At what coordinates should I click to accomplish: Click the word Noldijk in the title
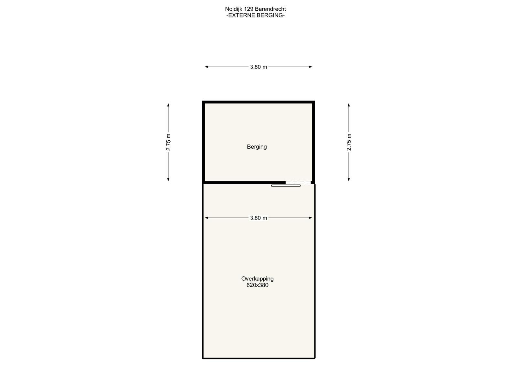coord(234,9)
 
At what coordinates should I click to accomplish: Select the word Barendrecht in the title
coord(270,9)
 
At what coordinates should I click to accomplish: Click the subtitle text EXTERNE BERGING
coord(256,15)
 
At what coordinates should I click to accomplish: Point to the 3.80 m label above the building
coord(258,67)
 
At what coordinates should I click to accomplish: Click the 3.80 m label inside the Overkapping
coord(258,218)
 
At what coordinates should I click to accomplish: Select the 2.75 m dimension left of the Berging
coord(168,142)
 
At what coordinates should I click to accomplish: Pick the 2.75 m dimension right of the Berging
coord(349,142)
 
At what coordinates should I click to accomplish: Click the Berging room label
coord(257,147)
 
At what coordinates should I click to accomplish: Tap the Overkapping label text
coord(257,279)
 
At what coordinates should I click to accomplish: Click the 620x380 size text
coord(257,285)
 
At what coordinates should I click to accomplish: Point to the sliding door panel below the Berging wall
coord(286,185)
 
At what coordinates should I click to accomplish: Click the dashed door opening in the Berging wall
coord(298,182)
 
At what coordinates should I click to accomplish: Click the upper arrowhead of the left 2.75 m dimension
coord(168,105)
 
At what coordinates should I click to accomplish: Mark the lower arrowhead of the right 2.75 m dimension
coord(349,179)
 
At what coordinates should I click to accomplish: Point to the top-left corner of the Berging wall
coord(203,101)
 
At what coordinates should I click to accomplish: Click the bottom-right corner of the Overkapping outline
coord(315,358)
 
